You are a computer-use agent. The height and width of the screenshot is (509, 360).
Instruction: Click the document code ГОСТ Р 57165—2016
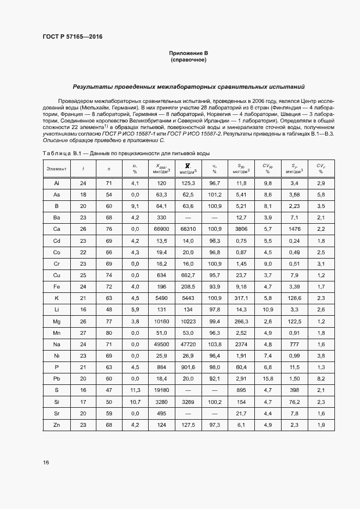(x=72, y=37)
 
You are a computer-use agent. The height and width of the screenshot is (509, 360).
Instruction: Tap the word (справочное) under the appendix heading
(x=188, y=59)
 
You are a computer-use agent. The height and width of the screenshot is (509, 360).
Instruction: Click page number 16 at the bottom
(x=46, y=462)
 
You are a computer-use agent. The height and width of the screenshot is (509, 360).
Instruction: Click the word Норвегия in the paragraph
(x=239, y=115)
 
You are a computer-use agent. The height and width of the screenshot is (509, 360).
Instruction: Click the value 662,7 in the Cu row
(x=188, y=275)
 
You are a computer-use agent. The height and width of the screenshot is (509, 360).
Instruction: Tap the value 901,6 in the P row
(x=188, y=367)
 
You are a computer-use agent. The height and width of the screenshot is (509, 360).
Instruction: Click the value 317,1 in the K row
(x=241, y=298)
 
